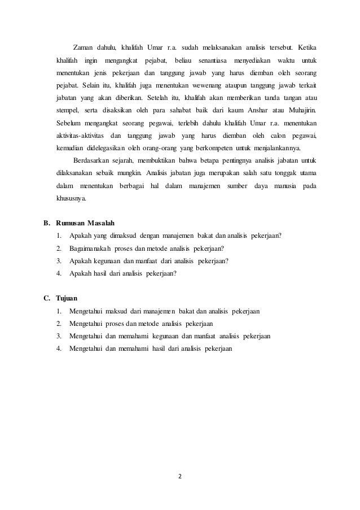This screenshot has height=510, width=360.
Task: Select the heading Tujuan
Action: coord(67,298)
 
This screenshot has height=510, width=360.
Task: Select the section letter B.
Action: coord(47,222)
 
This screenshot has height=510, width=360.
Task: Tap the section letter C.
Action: coord(47,298)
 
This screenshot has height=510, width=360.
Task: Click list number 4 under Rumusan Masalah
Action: coord(59,273)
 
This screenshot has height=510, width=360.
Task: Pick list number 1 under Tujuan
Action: coord(59,311)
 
